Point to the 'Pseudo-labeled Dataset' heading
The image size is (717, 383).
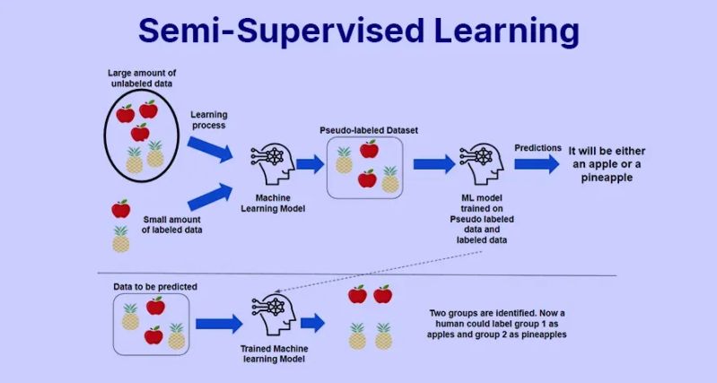click(369, 130)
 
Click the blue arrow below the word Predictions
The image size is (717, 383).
click(537, 164)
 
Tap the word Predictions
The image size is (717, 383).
click(538, 147)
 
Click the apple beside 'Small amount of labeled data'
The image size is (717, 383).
click(120, 209)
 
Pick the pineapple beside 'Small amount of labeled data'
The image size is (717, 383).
click(120, 239)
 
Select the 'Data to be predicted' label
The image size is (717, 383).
click(155, 286)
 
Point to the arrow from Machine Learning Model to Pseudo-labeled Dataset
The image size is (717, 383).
click(310, 164)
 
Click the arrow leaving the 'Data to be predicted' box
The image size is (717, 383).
click(219, 323)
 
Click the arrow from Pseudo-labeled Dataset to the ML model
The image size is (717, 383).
click(433, 164)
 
